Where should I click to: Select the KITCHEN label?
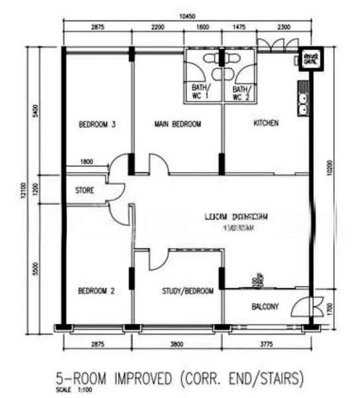[266, 123]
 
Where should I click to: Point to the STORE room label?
[84, 190]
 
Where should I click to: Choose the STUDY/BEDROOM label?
[188, 291]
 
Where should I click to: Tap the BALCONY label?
[265, 306]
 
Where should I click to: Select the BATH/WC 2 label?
[241, 92]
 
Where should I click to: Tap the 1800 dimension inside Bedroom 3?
[86, 162]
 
